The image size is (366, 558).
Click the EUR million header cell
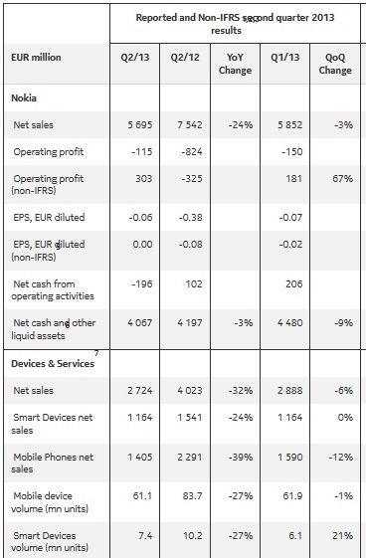pos(36,58)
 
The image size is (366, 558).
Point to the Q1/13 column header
pos(286,58)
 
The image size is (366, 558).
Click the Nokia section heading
pos(25,98)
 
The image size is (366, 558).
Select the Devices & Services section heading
pos(52,364)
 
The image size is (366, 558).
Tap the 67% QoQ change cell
pos(334,180)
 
